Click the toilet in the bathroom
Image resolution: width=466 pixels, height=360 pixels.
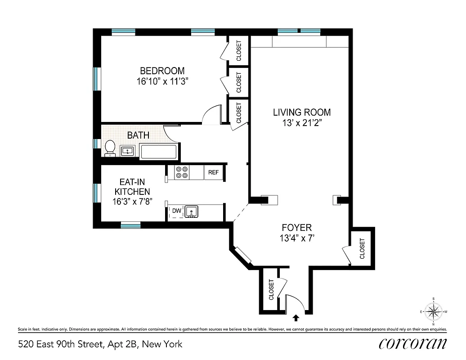[x=110, y=148]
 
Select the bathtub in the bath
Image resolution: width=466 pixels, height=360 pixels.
[x=159, y=151]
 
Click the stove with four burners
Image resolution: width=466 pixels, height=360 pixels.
[x=182, y=172]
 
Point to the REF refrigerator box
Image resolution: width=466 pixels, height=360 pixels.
[x=213, y=172]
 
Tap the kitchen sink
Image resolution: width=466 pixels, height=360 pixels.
[x=192, y=211]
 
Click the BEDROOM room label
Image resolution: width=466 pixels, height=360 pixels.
[x=162, y=71]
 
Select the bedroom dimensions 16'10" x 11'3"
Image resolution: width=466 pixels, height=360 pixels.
[x=162, y=81]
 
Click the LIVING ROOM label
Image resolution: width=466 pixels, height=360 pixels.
[x=302, y=112]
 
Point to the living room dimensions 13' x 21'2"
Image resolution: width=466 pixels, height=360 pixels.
[x=302, y=123]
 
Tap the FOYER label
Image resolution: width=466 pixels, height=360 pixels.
[x=296, y=228]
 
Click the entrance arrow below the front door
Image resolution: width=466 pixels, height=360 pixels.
[x=296, y=318]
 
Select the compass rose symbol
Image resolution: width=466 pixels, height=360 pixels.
[x=433, y=311]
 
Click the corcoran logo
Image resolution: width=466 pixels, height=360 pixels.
[x=412, y=343]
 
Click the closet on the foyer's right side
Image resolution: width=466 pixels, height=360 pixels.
[x=362, y=248]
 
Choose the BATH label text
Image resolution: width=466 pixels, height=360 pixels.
[x=138, y=135]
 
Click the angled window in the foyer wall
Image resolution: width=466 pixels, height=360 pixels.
[x=243, y=255]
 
